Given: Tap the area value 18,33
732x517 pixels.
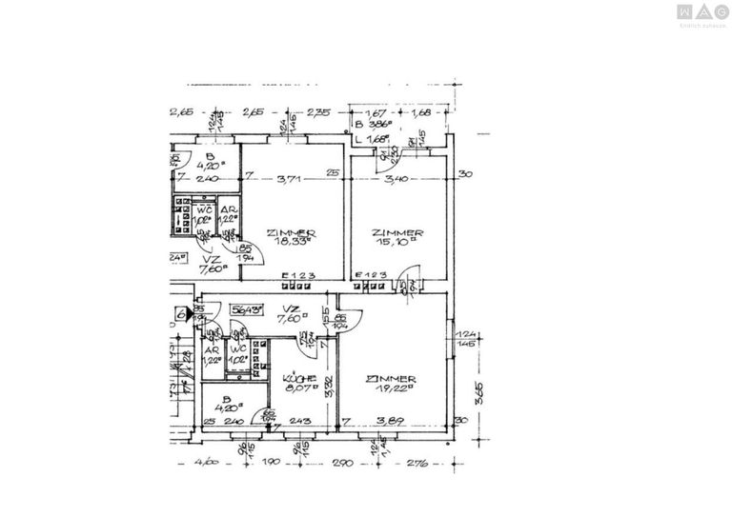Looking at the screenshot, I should [x=292, y=242].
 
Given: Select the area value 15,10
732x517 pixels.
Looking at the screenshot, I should [x=398, y=242].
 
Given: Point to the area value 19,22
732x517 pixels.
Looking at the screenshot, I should [x=392, y=388].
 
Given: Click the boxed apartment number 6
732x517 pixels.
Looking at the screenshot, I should [x=180, y=312].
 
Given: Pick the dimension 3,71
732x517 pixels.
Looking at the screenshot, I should [x=290, y=175].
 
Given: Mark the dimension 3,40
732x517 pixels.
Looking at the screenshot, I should [x=396, y=175].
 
